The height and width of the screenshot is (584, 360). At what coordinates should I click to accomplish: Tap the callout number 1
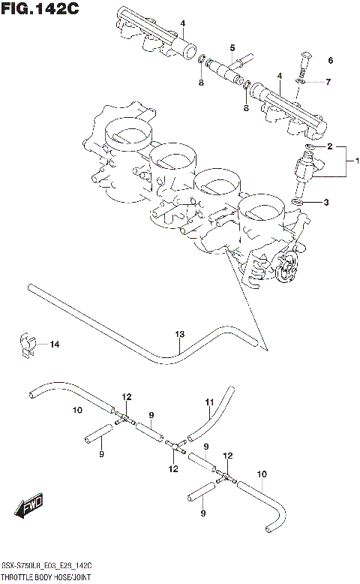coord(356,161)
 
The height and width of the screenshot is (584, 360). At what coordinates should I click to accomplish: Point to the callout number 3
coord(326,202)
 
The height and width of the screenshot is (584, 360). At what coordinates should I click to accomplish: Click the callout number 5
coord(232,48)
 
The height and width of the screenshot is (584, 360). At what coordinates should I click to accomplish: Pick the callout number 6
coord(330,60)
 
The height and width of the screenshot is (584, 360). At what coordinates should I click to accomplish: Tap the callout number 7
coord(328,81)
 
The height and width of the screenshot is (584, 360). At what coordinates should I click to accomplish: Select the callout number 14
coord(53,345)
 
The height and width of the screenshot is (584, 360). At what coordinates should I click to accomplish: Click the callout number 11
coord(211,403)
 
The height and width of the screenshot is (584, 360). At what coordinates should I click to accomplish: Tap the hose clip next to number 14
coord(28,342)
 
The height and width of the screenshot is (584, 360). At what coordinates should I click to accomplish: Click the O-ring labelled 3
coord(297,202)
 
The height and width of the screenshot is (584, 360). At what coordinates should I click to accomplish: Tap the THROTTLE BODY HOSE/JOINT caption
coord(45,578)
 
